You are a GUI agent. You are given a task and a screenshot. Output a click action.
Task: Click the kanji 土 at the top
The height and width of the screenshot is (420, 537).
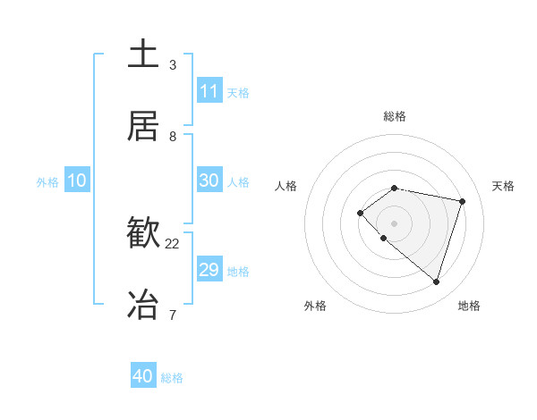click(x=144, y=55)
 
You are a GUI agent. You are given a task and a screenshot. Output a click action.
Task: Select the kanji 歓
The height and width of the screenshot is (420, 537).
click(x=144, y=233)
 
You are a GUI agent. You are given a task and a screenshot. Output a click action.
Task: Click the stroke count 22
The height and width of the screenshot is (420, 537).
click(x=173, y=244)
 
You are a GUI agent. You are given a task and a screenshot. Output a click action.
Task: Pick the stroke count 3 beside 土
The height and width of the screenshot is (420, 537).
click(x=173, y=65)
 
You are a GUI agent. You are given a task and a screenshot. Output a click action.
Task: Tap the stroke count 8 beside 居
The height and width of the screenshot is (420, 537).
click(x=173, y=137)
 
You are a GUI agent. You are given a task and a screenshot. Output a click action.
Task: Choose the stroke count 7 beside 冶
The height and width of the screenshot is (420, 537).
click(x=173, y=315)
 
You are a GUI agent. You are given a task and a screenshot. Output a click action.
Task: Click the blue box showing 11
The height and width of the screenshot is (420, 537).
click(x=209, y=91)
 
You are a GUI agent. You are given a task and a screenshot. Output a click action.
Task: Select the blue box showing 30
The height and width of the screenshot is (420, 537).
click(x=209, y=181)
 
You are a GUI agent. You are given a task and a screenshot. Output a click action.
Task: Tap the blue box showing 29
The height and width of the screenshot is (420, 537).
click(x=209, y=270)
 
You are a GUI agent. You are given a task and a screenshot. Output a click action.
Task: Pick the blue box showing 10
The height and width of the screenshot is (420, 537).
click(x=76, y=181)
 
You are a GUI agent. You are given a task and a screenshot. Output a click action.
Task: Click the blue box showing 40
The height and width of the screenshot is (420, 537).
click(x=143, y=376)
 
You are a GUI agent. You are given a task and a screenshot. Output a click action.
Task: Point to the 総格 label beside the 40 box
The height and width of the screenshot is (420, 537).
click(x=172, y=378)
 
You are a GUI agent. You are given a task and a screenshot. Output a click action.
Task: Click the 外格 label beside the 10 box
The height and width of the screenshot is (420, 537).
click(x=47, y=182)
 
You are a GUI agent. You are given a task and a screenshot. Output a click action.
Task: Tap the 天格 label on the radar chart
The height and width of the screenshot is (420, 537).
click(x=504, y=186)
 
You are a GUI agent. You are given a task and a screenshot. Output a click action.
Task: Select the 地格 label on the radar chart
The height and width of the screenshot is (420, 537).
click(x=469, y=306)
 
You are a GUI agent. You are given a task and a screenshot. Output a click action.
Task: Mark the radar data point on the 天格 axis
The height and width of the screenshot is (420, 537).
click(x=463, y=201)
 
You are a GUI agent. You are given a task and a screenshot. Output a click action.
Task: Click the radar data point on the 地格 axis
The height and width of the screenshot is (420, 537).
click(x=436, y=281)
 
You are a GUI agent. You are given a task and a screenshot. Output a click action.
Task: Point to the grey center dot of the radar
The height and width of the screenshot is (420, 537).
click(x=394, y=223)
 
